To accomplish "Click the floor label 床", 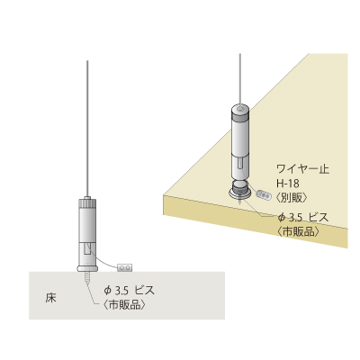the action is (51, 299).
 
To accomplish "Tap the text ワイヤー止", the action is (302, 169).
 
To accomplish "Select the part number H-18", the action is (288, 184).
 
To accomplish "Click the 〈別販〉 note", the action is (292, 197).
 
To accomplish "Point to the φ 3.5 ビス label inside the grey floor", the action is (129, 291).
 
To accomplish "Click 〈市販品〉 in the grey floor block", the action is (124, 305).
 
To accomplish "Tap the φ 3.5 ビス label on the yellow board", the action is (303, 217).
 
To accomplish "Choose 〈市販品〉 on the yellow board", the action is (298, 231).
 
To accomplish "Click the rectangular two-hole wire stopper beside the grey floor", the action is (125, 266).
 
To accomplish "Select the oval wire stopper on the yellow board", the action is (264, 194).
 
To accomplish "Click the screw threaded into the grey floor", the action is (87, 280).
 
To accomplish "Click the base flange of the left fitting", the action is (87, 268).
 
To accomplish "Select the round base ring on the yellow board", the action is (239, 193).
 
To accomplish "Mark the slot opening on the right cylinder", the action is (239, 165).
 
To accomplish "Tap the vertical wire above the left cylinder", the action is (87, 129).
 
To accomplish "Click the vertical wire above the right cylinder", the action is (239, 79).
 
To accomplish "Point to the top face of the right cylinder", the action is (239, 108).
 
